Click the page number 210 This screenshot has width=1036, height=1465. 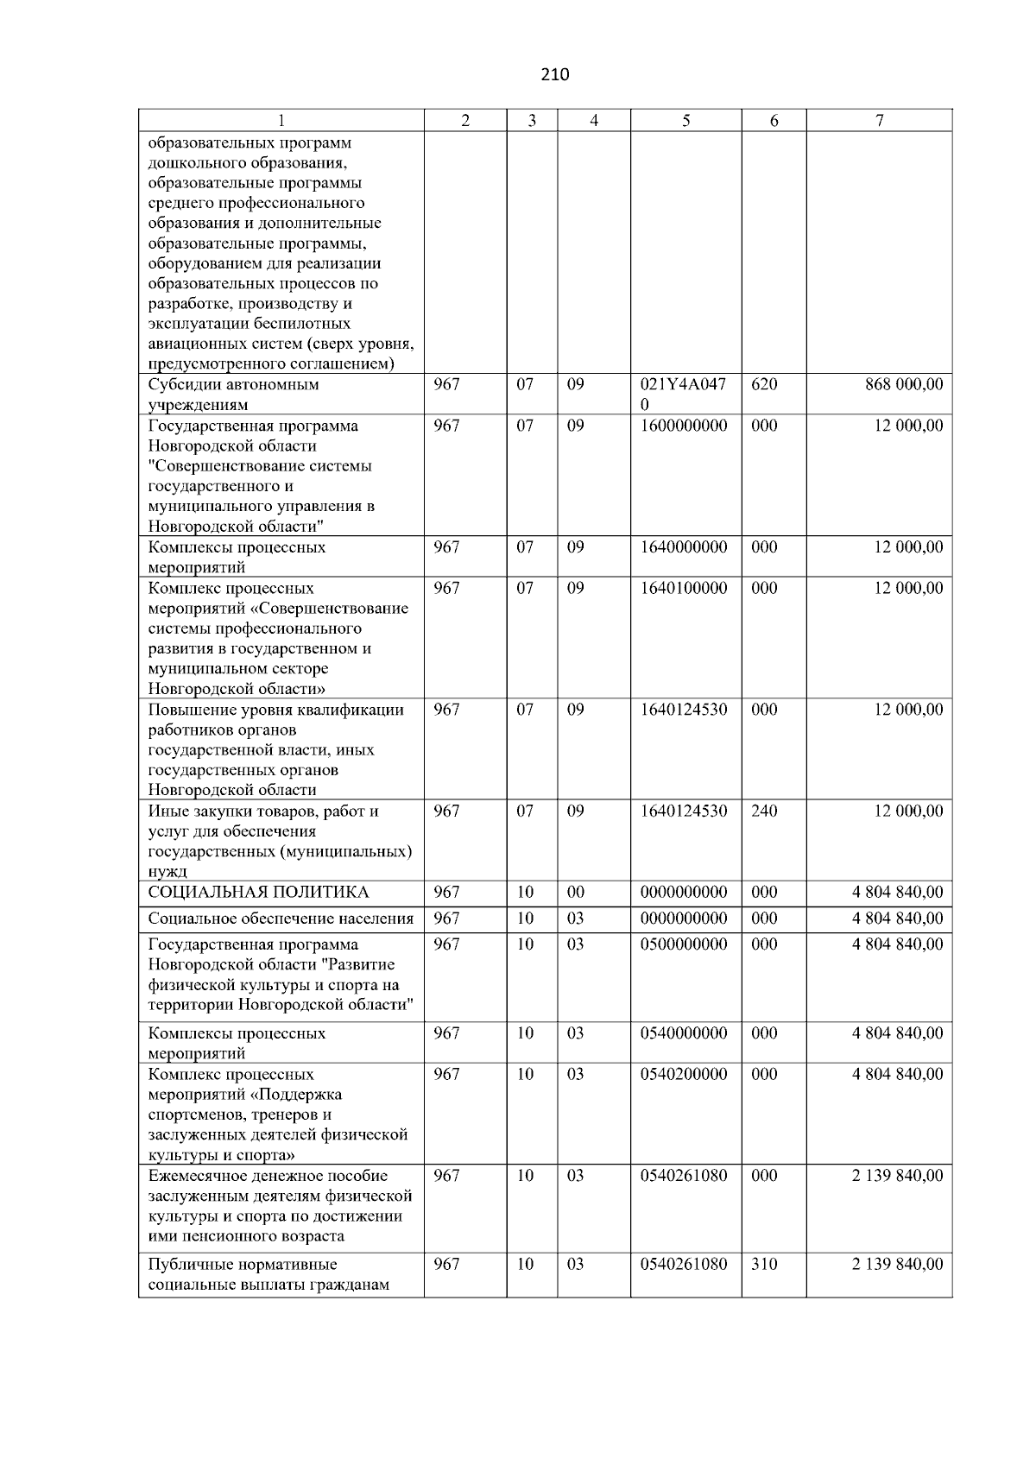555,74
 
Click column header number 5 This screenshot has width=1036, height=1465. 685,121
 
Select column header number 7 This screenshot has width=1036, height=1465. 879,121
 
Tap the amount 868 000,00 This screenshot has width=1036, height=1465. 904,384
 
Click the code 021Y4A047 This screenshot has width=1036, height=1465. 683,384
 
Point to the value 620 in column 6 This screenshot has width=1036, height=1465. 764,384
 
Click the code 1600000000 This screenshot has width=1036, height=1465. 684,426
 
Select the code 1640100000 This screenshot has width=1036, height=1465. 684,588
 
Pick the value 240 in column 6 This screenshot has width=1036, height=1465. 764,811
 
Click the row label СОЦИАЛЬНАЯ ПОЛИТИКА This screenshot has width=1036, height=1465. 258,892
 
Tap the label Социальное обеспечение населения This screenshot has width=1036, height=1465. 281,919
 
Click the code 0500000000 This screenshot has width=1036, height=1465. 684,944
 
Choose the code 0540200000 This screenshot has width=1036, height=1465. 684,1074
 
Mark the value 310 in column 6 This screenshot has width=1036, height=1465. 764,1264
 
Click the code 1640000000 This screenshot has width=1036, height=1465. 684,547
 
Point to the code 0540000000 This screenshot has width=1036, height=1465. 684,1032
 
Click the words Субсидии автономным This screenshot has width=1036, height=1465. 233,384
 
